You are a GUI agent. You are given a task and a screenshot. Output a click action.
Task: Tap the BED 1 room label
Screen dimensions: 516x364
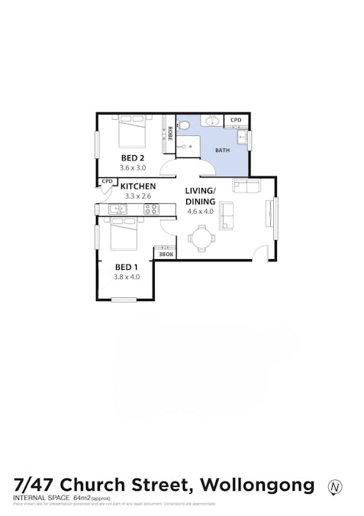pyautogui.click(x=127, y=267)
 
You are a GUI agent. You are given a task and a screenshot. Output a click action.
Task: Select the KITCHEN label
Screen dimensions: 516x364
pyautogui.click(x=138, y=186)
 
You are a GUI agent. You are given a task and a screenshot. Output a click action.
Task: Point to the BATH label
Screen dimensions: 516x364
pyautogui.click(x=222, y=151)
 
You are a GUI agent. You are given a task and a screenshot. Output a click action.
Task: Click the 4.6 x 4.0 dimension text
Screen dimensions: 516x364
pyautogui.click(x=201, y=212)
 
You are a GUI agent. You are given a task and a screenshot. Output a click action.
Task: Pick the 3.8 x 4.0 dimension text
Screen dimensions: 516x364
pyautogui.click(x=127, y=277)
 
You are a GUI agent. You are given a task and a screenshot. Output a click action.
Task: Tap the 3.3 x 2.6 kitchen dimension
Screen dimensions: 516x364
pyautogui.click(x=138, y=196)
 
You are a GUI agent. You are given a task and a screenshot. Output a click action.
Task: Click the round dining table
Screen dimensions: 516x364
pyautogui.click(x=201, y=239)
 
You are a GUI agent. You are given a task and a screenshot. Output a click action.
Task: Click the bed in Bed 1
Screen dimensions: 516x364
pyautogui.click(x=124, y=234)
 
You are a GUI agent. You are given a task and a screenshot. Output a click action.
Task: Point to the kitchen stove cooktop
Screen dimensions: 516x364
pyautogui.click(x=151, y=209)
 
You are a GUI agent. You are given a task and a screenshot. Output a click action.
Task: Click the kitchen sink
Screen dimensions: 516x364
pyautogui.click(x=118, y=209)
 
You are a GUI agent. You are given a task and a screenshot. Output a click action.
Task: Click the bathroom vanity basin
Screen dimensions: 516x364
pyautogui.click(x=213, y=121)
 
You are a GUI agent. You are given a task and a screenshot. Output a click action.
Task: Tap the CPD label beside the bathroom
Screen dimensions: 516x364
pyautogui.click(x=236, y=120)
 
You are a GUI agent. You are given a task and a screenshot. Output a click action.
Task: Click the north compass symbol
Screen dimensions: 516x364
pyautogui.click(x=334, y=486)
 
